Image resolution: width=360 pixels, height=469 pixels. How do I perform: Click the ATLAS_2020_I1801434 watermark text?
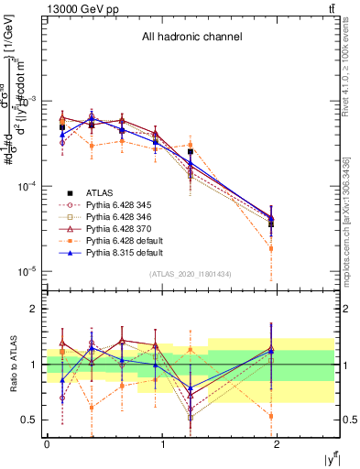[x=190, y=275]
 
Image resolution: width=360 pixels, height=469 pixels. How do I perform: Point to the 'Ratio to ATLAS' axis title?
[x=12, y=364]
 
